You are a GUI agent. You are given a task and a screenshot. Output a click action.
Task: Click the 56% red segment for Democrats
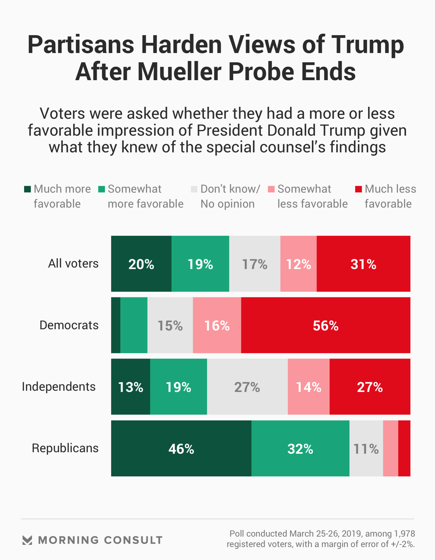point(325,325)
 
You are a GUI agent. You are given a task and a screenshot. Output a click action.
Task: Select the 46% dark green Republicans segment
point(181,448)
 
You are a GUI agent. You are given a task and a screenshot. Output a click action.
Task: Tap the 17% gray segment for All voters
point(255,264)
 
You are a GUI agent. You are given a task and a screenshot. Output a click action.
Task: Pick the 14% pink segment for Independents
point(308,387)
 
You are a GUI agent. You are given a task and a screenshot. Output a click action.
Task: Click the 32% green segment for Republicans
point(300,448)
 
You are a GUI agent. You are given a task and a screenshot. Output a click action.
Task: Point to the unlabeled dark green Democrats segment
point(116,325)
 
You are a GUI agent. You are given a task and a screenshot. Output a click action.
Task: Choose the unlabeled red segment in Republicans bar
point(404,448)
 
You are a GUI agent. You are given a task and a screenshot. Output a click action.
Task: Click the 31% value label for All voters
point(363,264)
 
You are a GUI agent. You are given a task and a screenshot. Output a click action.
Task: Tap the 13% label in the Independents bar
point(131,387)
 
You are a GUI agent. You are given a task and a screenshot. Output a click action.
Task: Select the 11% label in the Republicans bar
point(366,449)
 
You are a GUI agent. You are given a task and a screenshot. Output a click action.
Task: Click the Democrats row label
point(69,325)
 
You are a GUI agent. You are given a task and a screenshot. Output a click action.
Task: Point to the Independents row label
point(59,387)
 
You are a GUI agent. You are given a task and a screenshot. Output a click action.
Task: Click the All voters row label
point(73,264)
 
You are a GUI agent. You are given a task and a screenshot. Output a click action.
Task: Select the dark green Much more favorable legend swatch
point(27,189)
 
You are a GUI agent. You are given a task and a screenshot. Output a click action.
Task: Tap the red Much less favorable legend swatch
point(358,189)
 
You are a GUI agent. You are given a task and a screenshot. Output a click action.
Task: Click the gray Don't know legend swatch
point(194,189)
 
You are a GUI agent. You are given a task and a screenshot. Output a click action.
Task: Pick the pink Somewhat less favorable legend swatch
point(271,189)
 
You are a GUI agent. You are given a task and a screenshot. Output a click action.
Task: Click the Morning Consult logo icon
point(27,540)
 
